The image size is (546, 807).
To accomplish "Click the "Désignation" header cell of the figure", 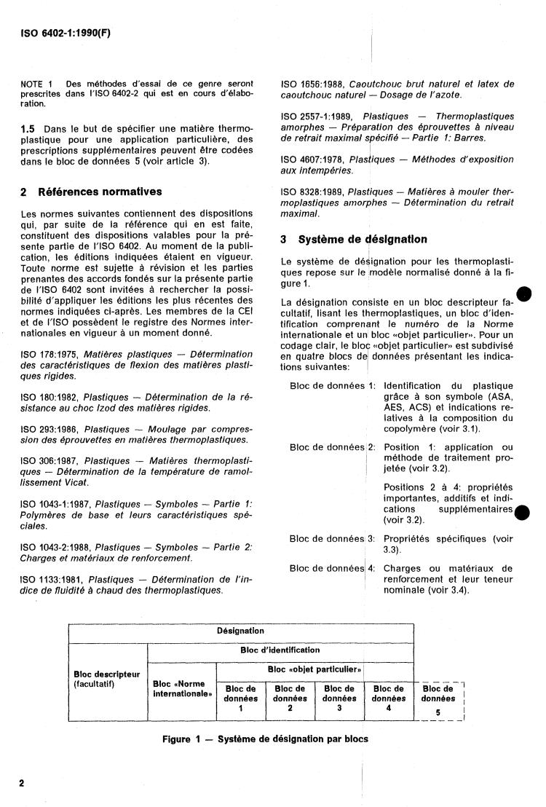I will tap(240, 631).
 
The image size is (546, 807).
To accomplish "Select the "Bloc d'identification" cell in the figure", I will tap(280, 650).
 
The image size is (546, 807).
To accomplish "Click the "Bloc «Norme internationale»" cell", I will tap(181, 688).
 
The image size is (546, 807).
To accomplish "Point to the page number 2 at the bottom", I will tap(22, 784).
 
